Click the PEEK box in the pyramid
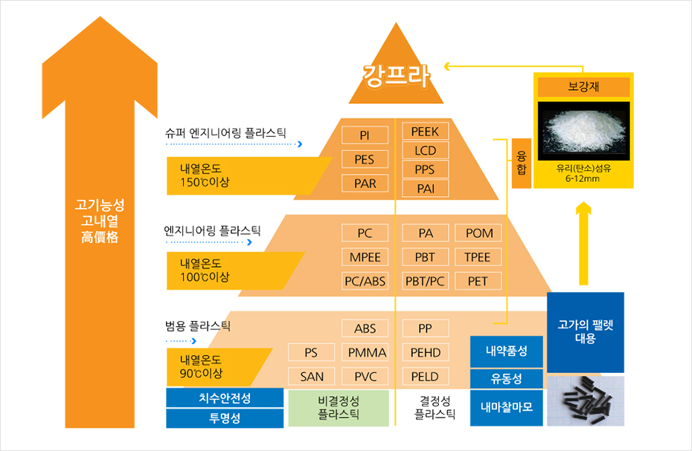pos(426,132)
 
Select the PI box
pos(365,135)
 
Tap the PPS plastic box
pos(426,169)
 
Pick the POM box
pos(478,233)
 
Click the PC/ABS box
pos(365,281)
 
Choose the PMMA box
pos(365,352)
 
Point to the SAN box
pos(312,377)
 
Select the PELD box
pos(426,377)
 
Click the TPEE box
pos(478,257)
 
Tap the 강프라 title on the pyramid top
pos(396,76)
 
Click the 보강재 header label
pos(583,87)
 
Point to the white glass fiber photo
pos(583,131)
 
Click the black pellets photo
pos(586,400)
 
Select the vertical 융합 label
pos(521,163)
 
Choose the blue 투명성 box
pos(225,418)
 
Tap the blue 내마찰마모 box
pos(506,408)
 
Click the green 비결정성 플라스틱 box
pos(339,408)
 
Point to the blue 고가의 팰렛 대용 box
pos(586,332)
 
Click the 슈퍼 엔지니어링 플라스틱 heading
pos(225,133)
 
